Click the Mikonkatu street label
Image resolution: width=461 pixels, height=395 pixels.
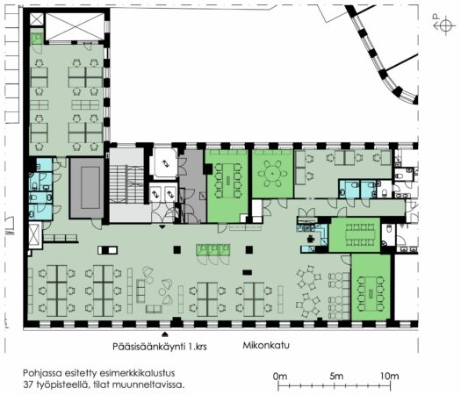click(x=266, y=345)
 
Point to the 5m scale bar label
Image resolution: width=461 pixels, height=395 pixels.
click(x=336, y=376)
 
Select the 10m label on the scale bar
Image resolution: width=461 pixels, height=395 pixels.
click(x=390, y=376)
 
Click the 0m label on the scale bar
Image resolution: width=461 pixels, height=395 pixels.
click(x=280, y=376)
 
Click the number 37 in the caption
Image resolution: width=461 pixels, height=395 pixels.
click(x=28, y=384)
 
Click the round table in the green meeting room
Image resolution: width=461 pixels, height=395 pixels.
click(x=272, y=174)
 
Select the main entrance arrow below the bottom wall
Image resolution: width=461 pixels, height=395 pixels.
click(x=165, y=334)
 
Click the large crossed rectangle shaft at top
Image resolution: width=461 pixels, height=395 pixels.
click(x=76, y=26)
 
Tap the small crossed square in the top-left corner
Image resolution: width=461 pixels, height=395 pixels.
click(x=37, y=19)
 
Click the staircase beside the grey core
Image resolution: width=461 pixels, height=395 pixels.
click(x=126, y=184)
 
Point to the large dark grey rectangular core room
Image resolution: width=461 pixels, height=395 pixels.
click(x=87, y=188)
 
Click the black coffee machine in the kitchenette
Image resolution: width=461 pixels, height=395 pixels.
click(x=311, y=240)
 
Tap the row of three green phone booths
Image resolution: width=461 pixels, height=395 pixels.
click(x=213, y=250)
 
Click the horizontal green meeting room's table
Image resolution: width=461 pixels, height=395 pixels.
click(x=360, y=234)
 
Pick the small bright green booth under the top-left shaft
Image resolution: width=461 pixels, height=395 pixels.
click(x=37, y=39)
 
